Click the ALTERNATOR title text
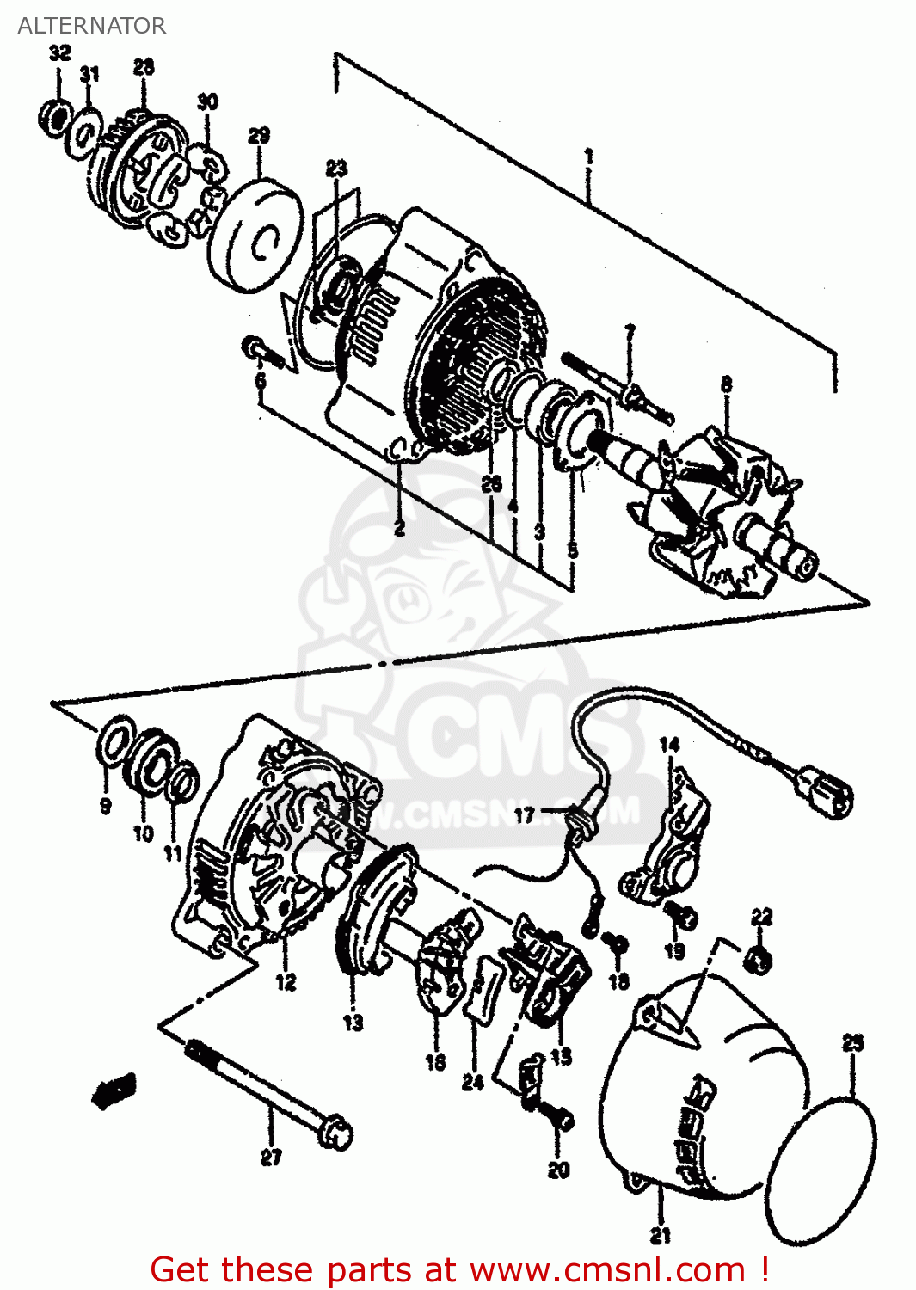tap(91, 26)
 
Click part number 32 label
tap(59, 53)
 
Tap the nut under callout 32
tap(55, 116)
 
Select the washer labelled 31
tap(85, 132)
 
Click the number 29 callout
tap(259, 136)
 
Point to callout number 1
tap(588, 157)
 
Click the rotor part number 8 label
tap(727, 384)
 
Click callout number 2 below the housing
tap(399, 528)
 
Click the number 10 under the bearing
tap(143, 832)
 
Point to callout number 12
tap(286, 981)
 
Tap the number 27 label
tap(271, 1158)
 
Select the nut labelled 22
tap(759, 959)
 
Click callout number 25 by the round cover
tap(851, 1043)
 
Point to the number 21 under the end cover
tap(660, 1236)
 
